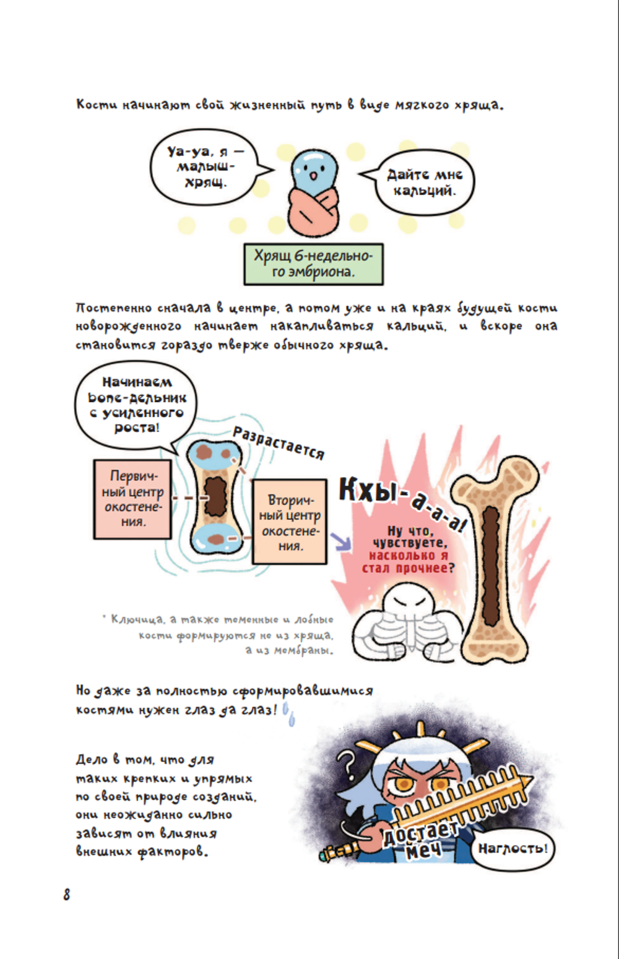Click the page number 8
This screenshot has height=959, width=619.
click(x=66, y=895)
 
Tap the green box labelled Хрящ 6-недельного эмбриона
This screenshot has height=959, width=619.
click(x=313, y=264)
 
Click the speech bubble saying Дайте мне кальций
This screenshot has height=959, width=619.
click(x=425, y=183)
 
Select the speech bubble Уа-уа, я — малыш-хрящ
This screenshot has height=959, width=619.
click(x=205, y=166)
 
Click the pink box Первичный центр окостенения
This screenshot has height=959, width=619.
click(x=132, y=499)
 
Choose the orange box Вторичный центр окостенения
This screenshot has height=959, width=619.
click(x=290, y=522)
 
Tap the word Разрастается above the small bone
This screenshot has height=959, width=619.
click(x=278, y=443)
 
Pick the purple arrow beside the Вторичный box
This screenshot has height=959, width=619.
click(x=340, y=542)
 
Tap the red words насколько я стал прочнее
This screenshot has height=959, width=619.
click(x=409, y=562)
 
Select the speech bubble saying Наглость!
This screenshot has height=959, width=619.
click(x=512, y=848)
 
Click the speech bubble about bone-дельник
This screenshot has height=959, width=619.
click(x=136, y=405)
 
